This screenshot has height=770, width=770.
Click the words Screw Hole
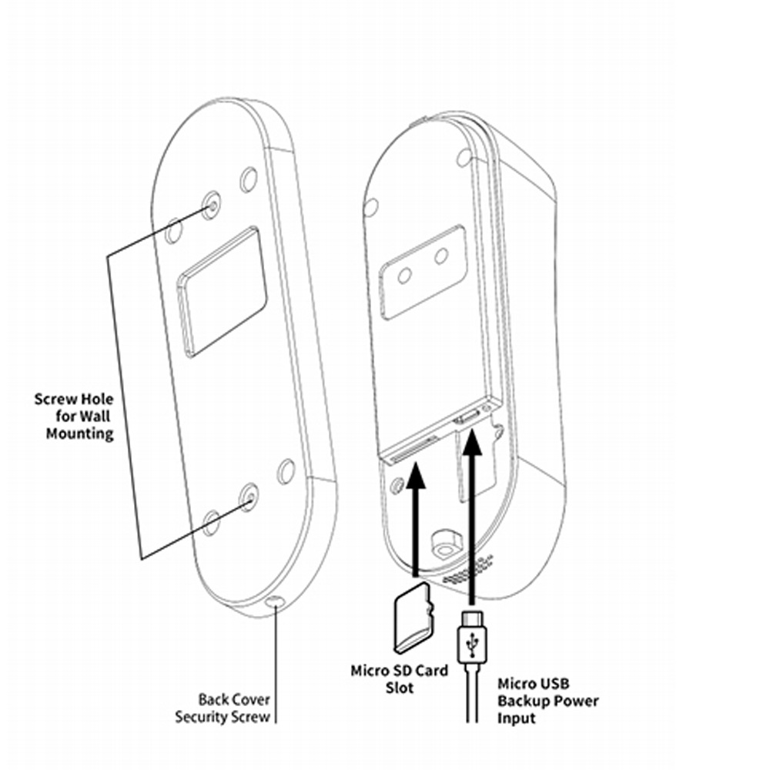(x=74, y=399)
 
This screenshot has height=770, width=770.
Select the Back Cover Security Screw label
(x=223, y=709)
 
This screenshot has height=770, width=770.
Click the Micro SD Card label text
(x=399, y=670)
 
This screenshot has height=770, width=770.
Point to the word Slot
(x=400, y=687)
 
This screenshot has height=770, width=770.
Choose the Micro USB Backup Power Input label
(x=547, y=700)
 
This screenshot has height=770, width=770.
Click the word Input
(x=515, y=718)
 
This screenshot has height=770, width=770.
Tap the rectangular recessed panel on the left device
(x=223, y=293)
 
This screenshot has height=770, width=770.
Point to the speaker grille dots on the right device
(x=469, y=571)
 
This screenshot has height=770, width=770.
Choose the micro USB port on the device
(x=467, y=418)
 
